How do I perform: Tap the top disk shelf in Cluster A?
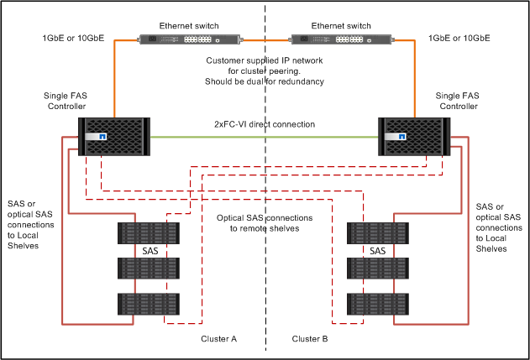149,233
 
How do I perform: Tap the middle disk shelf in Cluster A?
149,269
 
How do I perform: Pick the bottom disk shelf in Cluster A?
149,305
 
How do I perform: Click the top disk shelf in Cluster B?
377,233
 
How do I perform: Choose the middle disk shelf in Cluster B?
377,269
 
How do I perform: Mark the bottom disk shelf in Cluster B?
377,305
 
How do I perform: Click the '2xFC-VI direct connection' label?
265,124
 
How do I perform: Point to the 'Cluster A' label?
218,338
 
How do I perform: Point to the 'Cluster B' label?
310,338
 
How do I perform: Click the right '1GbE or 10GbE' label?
459,39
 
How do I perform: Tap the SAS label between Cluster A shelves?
149,251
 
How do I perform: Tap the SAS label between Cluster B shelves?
377,251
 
